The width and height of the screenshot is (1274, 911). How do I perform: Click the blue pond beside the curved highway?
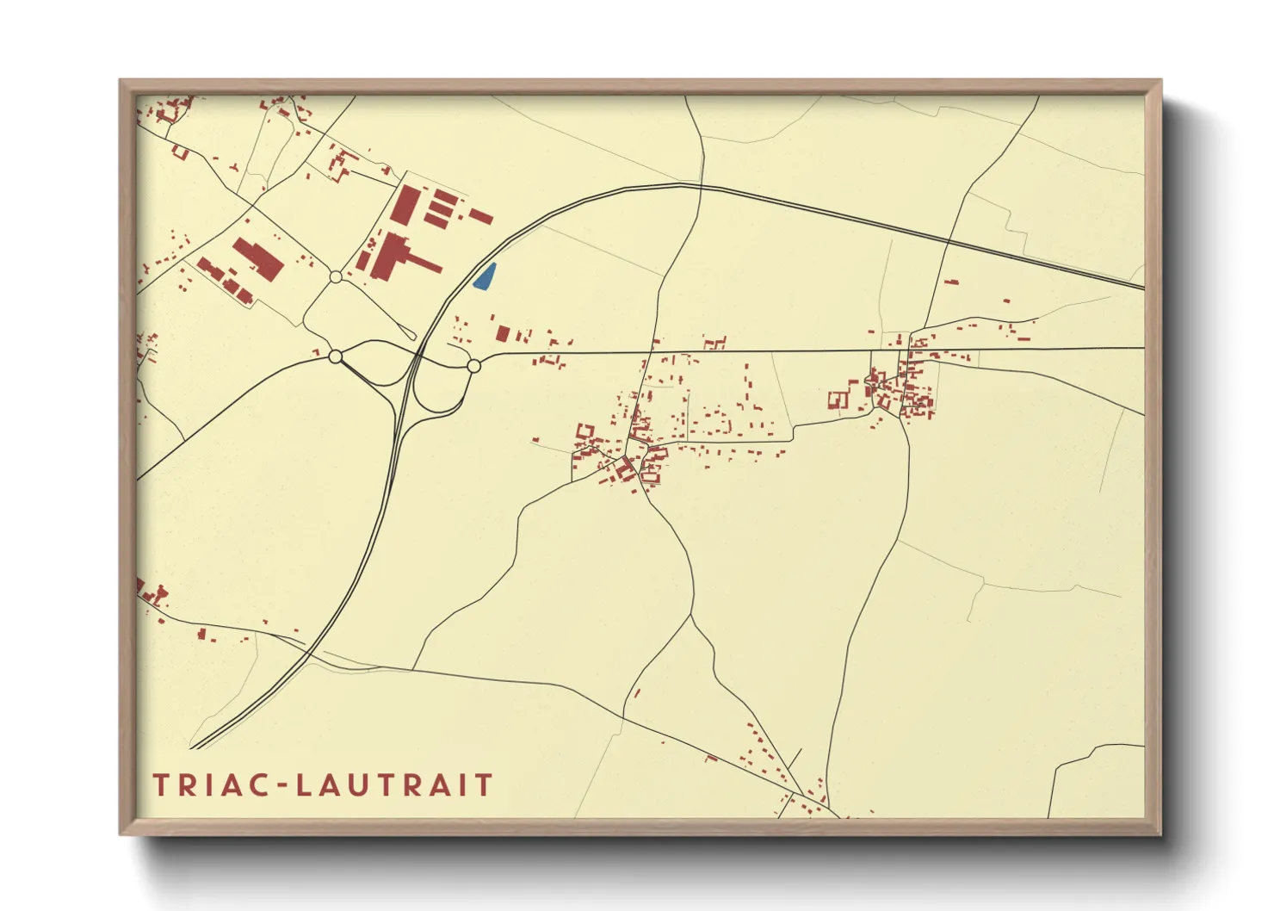(x=485, y=276)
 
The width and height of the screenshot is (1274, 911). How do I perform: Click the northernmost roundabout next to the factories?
(x=336, y=276)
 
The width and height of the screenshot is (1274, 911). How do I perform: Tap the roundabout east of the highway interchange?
(x=473, y=366)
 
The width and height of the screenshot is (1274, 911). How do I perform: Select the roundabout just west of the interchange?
(x=336, y=356)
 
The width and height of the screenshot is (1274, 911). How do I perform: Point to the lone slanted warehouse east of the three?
(x=480, y=216)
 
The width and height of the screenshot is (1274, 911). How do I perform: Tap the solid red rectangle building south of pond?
(x=503, y=333)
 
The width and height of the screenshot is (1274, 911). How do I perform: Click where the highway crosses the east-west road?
(x=418, y=354)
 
